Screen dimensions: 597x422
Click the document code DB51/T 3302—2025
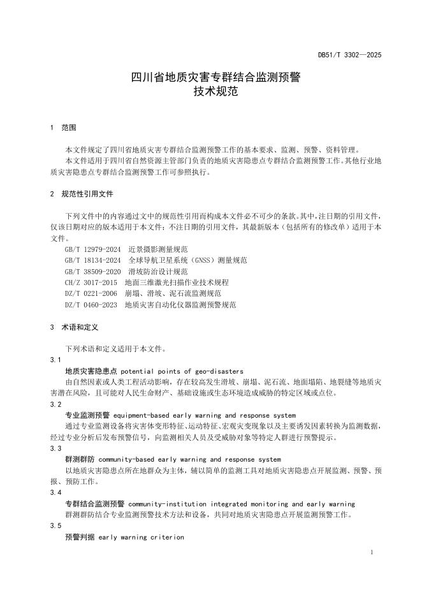(349, 55)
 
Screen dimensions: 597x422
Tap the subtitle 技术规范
(211, 92)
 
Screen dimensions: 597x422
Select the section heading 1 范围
(63, 128)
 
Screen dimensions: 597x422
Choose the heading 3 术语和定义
(74, 327)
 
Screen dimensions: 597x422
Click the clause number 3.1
(55, 360)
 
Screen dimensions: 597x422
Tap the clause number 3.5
(55, 526)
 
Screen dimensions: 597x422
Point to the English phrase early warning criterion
(141, 537)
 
